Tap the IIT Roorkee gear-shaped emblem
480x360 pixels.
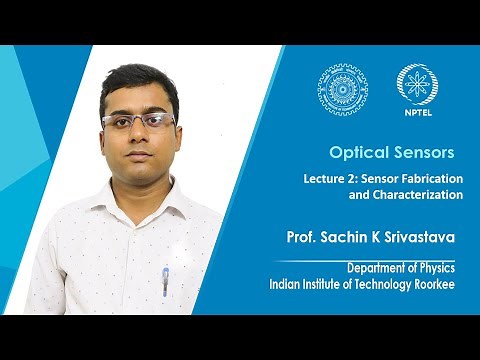pyautogui.click(x=343, y=90)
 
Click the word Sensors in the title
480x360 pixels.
pyautogui.click(x=425, y=153)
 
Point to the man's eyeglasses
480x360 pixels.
pyautogui.click(x=139, y=121)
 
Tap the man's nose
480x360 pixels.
pyautogui.click(x=140, y=139)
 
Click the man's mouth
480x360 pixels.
pyautogui.click(x=141, y=160)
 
